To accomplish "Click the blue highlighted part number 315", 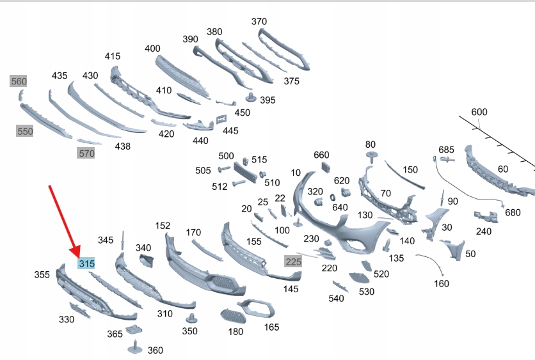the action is [x=86, y=263].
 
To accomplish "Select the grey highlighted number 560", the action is [x=19, y=81].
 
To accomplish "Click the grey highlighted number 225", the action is [x=294, y=262].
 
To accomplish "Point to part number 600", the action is [x=479, y=112].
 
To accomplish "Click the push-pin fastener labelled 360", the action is [x=135, y=347].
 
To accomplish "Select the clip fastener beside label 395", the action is [x=251, y=97].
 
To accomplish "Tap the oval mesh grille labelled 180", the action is [x=233, y=316].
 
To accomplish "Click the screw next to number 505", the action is [x=224, y=169].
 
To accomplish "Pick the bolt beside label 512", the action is [x=239, y=183].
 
